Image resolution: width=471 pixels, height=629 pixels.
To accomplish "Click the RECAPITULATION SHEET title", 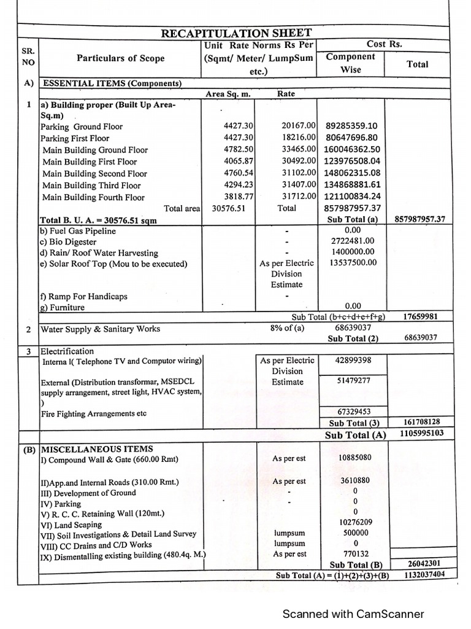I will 236,33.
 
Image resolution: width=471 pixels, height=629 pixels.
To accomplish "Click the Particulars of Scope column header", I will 120,58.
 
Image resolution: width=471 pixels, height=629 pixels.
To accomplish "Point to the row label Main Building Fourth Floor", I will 93,197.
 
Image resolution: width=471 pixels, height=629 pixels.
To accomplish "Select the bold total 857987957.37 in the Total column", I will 420,219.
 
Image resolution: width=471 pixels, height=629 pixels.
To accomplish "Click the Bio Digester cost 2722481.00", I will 352,241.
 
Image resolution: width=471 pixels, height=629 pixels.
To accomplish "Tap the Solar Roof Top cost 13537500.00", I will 352,263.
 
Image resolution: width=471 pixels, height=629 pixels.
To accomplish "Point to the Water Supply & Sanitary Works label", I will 100,329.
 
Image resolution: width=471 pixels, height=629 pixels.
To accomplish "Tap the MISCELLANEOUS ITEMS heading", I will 96,449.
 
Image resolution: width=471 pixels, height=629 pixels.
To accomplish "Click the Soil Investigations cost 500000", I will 355,533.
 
